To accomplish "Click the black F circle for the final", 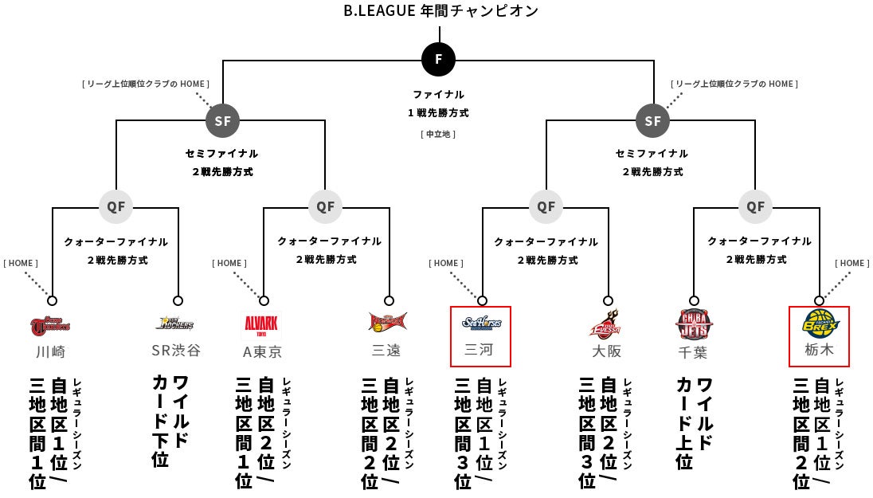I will pos(439,58).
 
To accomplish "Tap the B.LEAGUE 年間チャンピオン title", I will pos(440,11).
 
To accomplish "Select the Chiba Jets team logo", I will pos(694,324).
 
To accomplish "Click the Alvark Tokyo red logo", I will pos(260,325).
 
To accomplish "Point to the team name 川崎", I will pos(50,351).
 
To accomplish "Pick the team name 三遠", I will pos(386,351).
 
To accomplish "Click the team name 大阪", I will pos(606,351).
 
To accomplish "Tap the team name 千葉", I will pos(692,351).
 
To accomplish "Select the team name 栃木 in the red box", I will pos(819,351).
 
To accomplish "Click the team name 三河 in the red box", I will pos(480,351).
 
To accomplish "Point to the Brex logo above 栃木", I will pos(820,324).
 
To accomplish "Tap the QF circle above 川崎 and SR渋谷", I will pos(115,207).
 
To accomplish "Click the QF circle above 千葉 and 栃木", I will pos(755,207).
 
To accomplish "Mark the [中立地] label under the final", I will pos(439,134).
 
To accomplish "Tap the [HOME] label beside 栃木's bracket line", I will pos(851,263).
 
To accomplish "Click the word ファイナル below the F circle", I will pos(439,94).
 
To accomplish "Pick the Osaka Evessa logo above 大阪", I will pos(607,324).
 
